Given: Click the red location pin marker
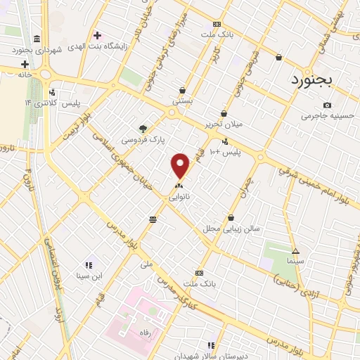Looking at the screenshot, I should coord(181,165).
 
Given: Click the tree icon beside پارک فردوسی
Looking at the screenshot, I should coord(143,129).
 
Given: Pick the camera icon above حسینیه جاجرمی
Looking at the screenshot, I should coord(307,105).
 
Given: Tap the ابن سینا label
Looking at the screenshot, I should coord(90,276).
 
